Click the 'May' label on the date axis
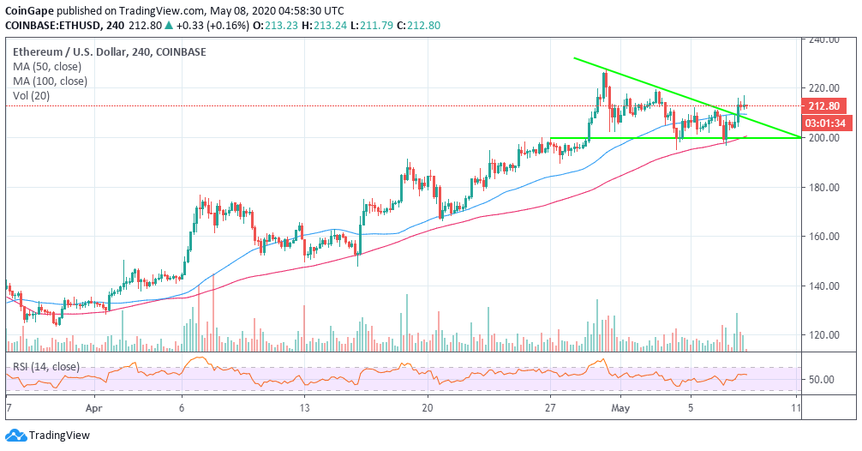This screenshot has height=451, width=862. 622,408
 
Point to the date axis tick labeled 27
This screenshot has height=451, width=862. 550,408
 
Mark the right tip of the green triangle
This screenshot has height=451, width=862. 801,137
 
